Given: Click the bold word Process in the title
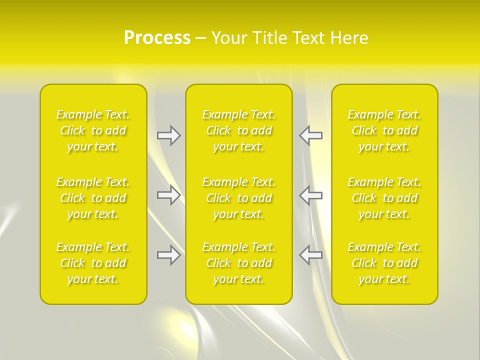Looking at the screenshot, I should [157, 38].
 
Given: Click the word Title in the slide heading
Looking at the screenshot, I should [269, 38].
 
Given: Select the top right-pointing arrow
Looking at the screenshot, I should [168, 135].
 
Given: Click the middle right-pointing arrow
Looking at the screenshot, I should [168, 195].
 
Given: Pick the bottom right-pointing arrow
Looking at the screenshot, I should [168, 255].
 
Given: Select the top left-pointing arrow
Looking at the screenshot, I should [311, 135].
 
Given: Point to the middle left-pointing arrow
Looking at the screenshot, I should [311, 195].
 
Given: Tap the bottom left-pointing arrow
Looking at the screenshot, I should [311, 255].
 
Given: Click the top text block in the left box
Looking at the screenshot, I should [93, 130].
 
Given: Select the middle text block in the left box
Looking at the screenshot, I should [93, 198].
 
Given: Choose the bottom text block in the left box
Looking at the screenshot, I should [93, 263].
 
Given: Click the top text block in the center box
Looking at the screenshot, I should [239, 130].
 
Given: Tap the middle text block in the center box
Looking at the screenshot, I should [239, 198].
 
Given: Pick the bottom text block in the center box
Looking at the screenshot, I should [239, 263].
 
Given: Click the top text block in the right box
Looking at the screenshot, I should [384, 130].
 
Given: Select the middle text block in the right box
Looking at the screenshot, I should [384, 198].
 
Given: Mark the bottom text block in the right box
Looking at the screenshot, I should [384, 263].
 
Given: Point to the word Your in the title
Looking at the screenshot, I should [228, 38].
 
